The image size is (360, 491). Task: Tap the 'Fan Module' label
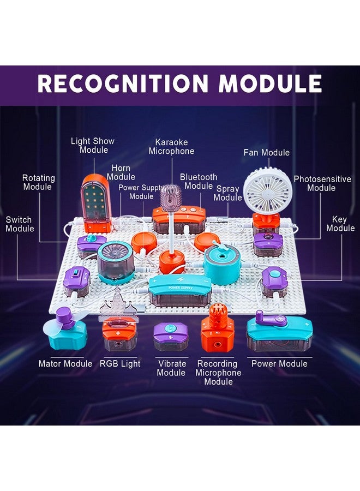coord(267,153)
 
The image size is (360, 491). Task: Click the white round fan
coord(268,190)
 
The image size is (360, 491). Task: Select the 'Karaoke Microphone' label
coord(172,147)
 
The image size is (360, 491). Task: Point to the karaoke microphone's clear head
coord(171,196)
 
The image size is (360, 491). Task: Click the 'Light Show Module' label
coord(93,145)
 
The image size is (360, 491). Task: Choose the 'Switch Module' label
coord(20,224)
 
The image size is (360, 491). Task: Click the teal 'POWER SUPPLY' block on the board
coord(180,290)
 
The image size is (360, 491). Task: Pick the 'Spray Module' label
coord(228,193)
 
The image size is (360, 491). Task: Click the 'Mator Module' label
coord(65,363)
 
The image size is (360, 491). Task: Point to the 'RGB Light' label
coord(120,363)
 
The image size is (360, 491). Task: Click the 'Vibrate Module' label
coord(172,368)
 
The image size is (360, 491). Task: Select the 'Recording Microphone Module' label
coord(218,372)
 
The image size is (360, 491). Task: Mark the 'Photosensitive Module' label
coord(322,183)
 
